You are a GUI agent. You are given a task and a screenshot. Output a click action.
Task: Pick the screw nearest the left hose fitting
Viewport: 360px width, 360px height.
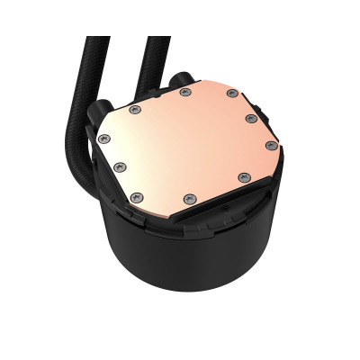pos(136,110)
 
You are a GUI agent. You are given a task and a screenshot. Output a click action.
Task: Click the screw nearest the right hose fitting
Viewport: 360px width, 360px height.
pos(185,91)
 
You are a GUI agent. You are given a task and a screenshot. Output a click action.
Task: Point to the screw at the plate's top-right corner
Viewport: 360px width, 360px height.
pos(233,94)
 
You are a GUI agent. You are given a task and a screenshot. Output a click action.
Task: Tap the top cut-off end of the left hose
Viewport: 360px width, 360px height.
pos(99,40)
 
